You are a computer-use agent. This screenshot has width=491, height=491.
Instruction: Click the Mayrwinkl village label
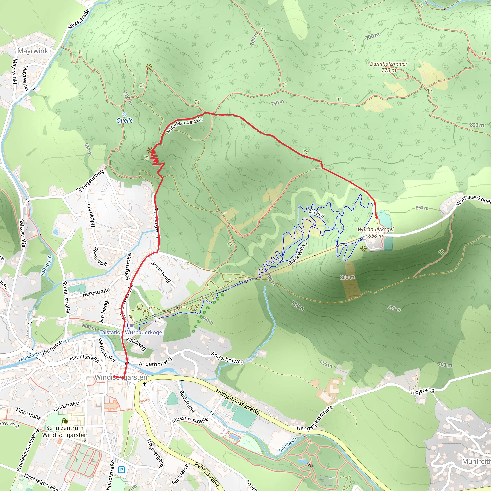(34, 51)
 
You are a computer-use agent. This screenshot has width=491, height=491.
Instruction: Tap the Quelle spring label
(124, 120)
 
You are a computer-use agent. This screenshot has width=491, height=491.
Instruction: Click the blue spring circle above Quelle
(124, 114)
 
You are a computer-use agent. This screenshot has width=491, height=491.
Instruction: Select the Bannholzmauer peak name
(389, 64)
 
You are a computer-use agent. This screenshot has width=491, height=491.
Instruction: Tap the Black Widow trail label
(298, 253)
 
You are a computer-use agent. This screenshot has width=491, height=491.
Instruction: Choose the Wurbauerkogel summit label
(376, 229)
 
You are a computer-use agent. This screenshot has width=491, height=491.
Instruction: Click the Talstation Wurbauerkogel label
(131, 333)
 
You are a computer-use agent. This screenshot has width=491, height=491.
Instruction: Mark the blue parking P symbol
(122, 469)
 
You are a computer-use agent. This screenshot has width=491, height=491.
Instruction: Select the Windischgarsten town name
(121, 377)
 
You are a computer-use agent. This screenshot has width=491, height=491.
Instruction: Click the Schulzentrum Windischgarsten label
(64, 431)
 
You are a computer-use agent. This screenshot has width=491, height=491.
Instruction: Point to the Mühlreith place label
(476, 461)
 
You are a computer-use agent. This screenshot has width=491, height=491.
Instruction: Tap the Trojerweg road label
(422, 391)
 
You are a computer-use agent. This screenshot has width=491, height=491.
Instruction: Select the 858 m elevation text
(376, 236)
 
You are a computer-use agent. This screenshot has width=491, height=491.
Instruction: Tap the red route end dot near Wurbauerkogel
(377, 218)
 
